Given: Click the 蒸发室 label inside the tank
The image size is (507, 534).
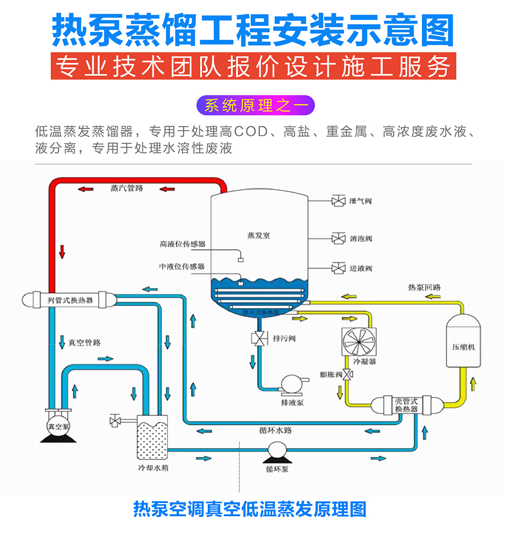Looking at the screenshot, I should [x=259, y=236].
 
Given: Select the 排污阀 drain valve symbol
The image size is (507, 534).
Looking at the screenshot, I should [x=260, y=338].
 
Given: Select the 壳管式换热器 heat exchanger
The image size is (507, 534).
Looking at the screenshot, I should [x=407, y=404].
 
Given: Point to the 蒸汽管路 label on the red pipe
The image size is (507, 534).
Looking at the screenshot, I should [x=127, y=188].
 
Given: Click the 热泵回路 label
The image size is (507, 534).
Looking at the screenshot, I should [x=425, y=287].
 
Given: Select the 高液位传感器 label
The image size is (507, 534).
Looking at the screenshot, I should [x=183, y=244].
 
